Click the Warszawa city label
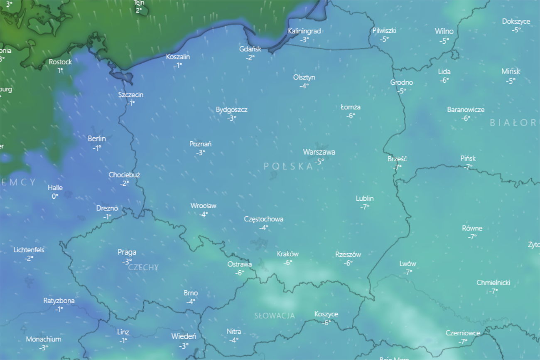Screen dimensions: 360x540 coord(319,152)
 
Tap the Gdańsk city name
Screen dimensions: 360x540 coord(250,49)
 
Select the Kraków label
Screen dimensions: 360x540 coord(288,254)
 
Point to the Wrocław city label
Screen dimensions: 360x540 coord(203,206)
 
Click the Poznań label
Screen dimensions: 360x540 coord(200,144)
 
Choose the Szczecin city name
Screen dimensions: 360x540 coord(131,95)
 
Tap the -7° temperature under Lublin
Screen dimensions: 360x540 coord(365,207)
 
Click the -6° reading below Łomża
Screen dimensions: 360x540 coord(351,116)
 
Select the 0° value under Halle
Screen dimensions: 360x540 coord(55,196)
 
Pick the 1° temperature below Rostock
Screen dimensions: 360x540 coord(60,70)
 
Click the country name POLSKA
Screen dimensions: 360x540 coord(288,166)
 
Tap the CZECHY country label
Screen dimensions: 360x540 coord(143,267)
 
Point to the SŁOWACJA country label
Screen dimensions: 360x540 coord(275,316)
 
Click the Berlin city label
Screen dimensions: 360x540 coord(97,138)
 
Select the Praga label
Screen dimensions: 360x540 coord(127,252)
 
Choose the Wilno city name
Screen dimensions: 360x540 coord(444,32)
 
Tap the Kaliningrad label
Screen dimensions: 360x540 coord(304,31)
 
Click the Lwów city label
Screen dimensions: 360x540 coord(407,264)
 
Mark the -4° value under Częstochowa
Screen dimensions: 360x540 coord(264,228)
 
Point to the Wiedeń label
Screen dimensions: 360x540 coord(184,336)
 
